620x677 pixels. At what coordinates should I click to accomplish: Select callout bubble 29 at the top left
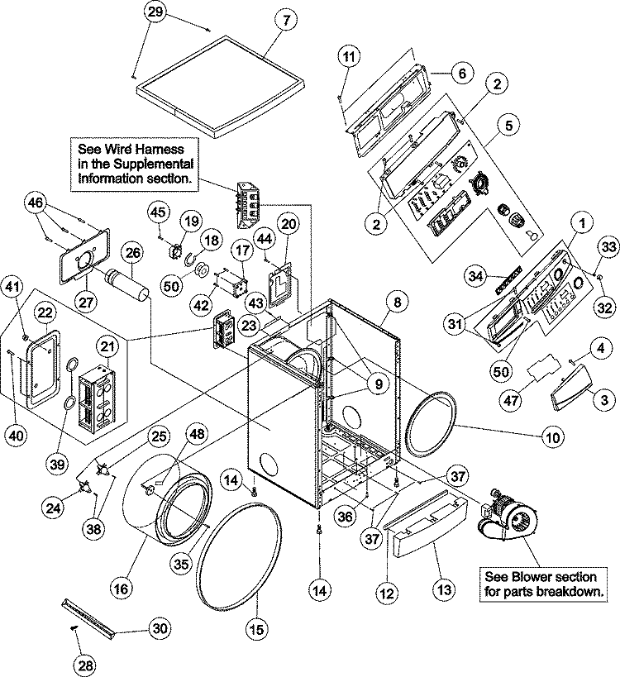coord(155,12)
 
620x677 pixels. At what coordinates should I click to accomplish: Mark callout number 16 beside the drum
coord(122,589)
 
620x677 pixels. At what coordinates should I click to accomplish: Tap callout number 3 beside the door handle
coord(604,399)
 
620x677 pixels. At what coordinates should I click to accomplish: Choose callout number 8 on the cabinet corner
coord(397,303)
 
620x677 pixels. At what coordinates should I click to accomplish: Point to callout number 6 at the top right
coord(461,74)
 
